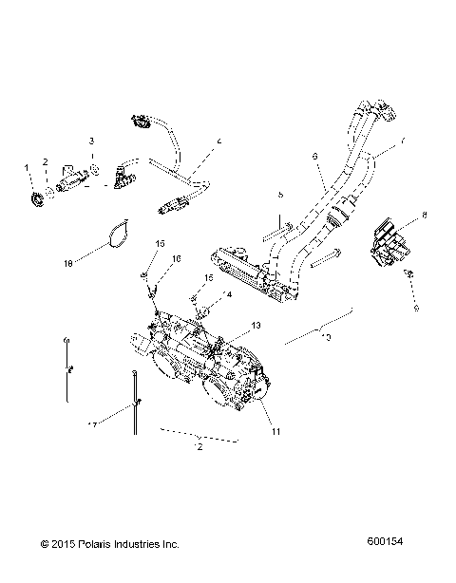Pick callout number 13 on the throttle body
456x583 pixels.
[x=255, y=326]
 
